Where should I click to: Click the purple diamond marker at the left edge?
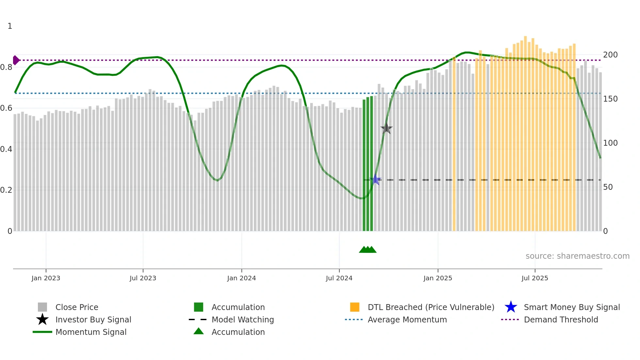tap(16, 60)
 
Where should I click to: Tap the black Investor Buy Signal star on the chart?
tap(386, 128)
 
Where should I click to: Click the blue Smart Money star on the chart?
tap(376, 180)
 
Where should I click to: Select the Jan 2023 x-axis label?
tap(46, 278)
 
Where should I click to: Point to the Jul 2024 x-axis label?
tap(339, 278)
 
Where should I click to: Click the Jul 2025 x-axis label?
tap(535, 278)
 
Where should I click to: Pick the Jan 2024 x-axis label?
tap(241, 278)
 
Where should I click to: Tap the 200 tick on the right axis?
tap(610, 55)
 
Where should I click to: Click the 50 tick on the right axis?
tap(608, 187)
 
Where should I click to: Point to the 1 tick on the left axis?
tap(10, 26)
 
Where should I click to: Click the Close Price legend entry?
tap(76, 307)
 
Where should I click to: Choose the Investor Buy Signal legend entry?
tap(93, 319)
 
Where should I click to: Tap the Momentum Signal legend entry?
tap(91, 332)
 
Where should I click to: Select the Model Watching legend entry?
tap(242, 319)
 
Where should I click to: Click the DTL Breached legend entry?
tap(431, 307)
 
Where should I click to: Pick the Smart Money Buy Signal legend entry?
tap(571, 307)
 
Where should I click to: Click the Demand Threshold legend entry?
tap(561, 319)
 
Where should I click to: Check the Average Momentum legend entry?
tap(407, 319)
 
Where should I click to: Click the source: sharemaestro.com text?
tap(577, 256)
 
